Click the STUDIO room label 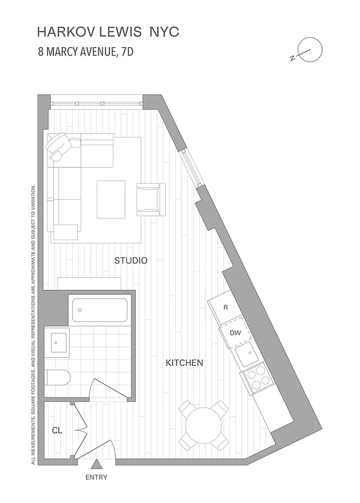131,260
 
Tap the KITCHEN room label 184,363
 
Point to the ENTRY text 97,478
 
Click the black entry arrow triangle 97,465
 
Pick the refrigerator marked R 226,308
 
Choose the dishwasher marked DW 235,333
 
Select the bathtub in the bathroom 100,309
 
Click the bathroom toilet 58,377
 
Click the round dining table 204,425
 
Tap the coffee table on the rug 111,199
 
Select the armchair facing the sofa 150,199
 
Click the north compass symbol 309,50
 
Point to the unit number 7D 125,52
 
